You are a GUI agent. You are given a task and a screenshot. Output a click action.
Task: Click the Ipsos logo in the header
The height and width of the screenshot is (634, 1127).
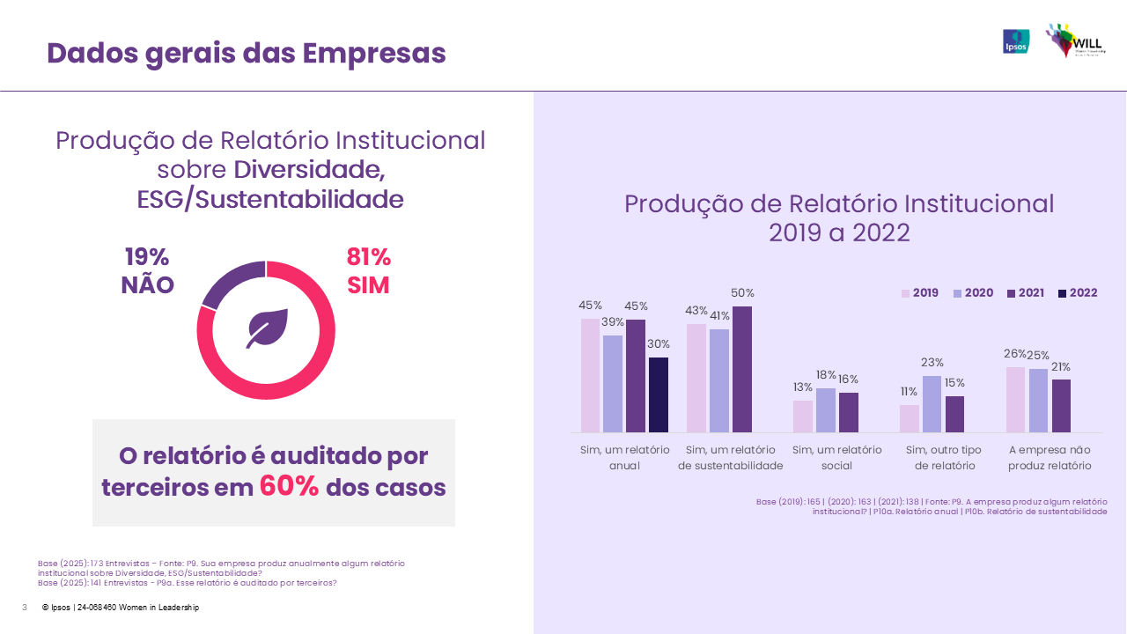(1016, 41)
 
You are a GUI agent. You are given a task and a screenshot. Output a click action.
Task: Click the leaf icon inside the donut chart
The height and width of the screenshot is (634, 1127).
(265, 330)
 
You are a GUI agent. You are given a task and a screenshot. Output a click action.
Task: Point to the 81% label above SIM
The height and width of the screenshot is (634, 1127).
(368, 257)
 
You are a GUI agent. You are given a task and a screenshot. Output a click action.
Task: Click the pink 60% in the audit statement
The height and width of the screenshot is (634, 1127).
(289, 487)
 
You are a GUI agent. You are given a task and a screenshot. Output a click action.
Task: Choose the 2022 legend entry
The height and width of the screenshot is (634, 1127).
(1077, 293)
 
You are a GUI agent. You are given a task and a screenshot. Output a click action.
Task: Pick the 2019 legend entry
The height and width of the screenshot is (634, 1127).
(918, 293)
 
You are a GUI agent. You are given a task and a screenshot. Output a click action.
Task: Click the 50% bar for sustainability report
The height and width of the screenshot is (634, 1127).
(742, 369)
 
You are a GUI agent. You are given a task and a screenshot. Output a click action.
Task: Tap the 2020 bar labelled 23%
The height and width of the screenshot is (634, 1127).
(932, 404)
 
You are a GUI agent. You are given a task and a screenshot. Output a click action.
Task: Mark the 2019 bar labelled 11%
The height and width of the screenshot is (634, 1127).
(910, 418)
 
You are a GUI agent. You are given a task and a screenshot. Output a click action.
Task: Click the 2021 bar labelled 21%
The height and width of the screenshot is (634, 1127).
(1061, 406)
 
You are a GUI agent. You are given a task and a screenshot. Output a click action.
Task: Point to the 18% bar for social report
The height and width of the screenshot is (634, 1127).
(826, 410)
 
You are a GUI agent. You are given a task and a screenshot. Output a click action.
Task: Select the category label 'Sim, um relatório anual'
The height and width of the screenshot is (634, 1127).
(624, 458)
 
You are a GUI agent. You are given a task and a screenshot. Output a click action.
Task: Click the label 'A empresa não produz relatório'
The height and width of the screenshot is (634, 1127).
(1050, 458)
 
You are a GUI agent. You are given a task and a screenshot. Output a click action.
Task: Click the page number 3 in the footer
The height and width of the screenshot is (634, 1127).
(25, 608)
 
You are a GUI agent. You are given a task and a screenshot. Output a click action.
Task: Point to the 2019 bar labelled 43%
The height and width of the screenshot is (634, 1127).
(696, 378)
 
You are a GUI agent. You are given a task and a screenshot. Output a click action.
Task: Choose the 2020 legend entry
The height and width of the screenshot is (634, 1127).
(971, 293)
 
